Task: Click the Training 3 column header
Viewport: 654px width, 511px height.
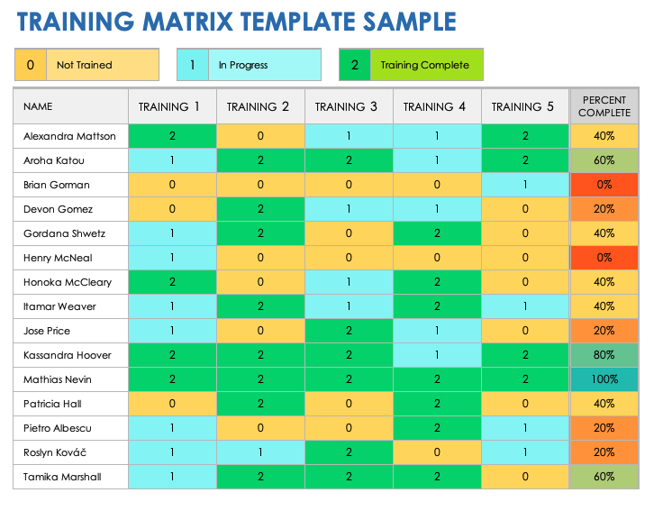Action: pyautogui.click(x=347, y=106)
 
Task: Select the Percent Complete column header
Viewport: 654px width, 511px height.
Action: pyautogui.click(x=604, y=106)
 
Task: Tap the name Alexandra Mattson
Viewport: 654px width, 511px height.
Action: pyautogui.click(x=69, y=136)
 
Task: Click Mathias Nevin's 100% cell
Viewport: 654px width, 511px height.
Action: pyautogui.click(x=604, y=379)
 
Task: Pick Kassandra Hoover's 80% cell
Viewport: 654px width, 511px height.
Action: pyautogui.click(x=604, y=355)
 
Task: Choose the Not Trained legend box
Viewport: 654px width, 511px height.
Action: pyautogui.click(x=86, y=65)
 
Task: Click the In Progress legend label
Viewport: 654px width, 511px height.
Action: pyautogui.click(x=242, y=65)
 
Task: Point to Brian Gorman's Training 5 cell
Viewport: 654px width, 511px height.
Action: pyautogui.click(x=524, y=185)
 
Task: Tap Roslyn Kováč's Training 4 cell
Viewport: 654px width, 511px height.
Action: pyautogui.click(x=436, y=452)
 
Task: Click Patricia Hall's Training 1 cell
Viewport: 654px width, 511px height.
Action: pyautogui.click(x=172, y=404)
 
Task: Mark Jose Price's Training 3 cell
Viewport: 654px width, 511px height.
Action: pyautogui.click(x=348, y=331)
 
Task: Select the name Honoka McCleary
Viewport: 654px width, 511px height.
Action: pyautogui.click(x=68, y=282)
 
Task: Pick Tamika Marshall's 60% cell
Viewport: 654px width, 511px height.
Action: pyautogui.click(x=604, y=477)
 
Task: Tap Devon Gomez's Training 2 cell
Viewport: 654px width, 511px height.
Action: pyautogui.click(x=259, y=209)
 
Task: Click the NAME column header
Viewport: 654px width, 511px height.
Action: pyautogui.click(x=38, y=106)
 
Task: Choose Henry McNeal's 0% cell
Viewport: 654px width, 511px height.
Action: pyautogui.click(x=604, y=258)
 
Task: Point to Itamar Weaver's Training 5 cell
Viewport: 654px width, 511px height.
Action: pyautogui.click(x=524, y=306)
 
